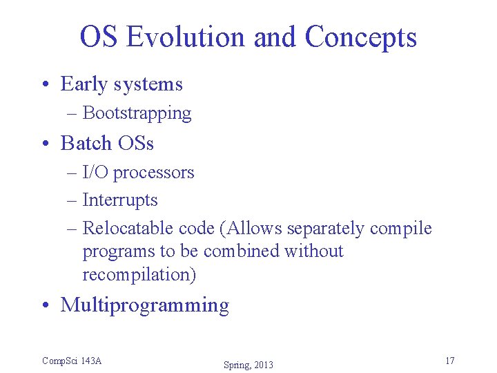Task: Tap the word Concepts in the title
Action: [360, 37]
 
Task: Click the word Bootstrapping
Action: [137, 113]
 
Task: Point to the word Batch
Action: [86, 143]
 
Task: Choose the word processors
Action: [153, 172]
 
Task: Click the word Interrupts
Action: [120, 200]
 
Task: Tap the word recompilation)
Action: [139, 274]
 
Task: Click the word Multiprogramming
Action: [145, 305]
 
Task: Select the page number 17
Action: [449, 361]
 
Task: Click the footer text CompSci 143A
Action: [72, 361]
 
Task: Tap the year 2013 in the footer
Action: [263, 365]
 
